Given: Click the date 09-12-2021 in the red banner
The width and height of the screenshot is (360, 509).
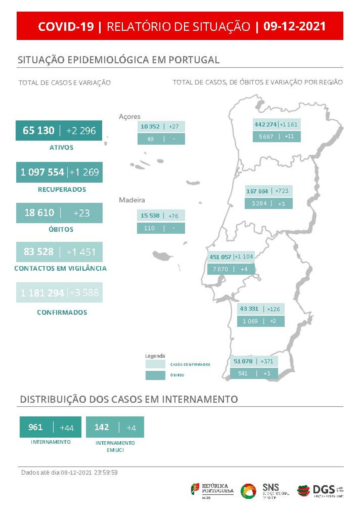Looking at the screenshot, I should pyautogui.click(x=294, y=26).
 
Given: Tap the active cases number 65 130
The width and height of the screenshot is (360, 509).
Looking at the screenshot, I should pyautogui.click(x=38, y=130).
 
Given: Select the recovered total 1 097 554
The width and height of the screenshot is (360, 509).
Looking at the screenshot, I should pyautogui.click(x=42, y=172).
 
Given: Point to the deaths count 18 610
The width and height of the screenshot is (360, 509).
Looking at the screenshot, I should pyautogui.click(x=39, y=213).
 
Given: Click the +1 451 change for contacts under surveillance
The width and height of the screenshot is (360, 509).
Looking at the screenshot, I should pyautogui.click(x=81, y=252).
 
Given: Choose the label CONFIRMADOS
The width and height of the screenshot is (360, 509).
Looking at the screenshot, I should pyautogui.click(x=62, y=312).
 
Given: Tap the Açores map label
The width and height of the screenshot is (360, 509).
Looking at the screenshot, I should pyautogui.click(x=129, y=116).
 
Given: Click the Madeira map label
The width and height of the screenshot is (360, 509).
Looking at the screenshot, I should pyautogui.click(x=132, y=200).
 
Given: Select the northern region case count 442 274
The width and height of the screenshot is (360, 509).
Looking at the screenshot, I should pyautogui.click(x=266, y=125).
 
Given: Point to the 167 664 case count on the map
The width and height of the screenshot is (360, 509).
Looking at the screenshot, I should pyautogui.click(x=257, y=191).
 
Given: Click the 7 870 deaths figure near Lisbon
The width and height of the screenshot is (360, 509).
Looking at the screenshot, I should pyautogui.click(x=220, y=269).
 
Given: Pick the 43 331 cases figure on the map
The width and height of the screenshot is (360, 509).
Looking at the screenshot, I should pyautogui.click(x=249, y=309).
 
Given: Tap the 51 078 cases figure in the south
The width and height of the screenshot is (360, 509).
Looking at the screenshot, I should pyautogui.click(x=243, y=361).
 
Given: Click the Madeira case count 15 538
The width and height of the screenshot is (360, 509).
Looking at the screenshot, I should pyautogui.click(x=150, y=216).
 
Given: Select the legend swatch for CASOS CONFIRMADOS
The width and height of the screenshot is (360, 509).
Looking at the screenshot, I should pyautogui.click(x=155, y=365).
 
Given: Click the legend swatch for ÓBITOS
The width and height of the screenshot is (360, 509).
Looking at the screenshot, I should pyautogui.click(x=155, y=375).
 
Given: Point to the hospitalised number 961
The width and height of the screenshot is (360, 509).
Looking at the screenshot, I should pyautogui.click(x=35, y=427).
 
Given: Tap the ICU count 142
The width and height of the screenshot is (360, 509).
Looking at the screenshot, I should pyautogui.click(x=101, y=427).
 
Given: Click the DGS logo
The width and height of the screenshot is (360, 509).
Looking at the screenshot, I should pyautogui.click(x=320, y=490).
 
